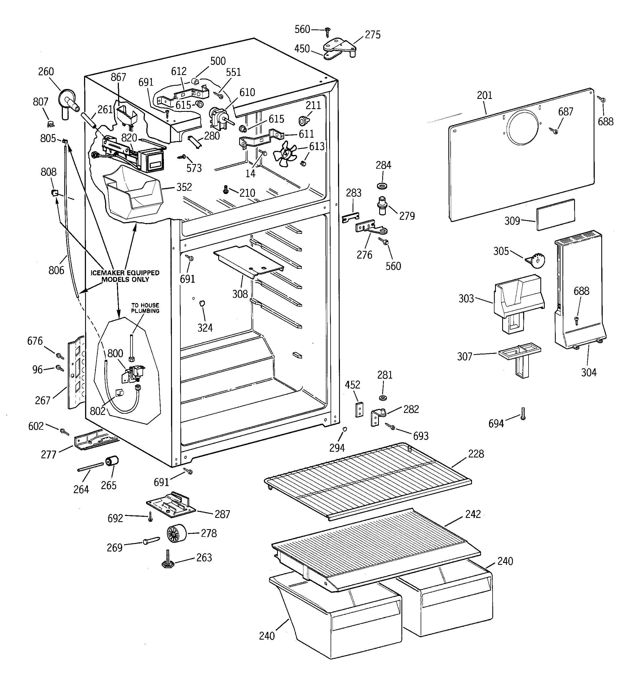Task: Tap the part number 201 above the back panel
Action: [485, 95]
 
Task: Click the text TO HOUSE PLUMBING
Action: [145, 308]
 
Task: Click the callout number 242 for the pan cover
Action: [473, 514]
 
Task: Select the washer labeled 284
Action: [382, 186]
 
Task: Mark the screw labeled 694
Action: [523, 413]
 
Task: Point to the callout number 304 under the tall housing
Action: [589, 373]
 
